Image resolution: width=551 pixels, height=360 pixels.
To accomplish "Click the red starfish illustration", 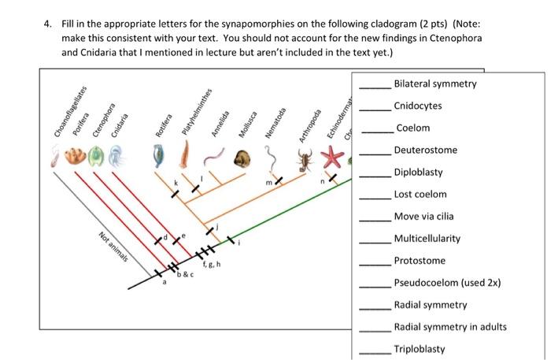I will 333,160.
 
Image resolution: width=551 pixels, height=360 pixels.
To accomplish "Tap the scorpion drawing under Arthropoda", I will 307,163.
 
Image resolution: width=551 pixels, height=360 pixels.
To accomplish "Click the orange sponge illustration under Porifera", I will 74,154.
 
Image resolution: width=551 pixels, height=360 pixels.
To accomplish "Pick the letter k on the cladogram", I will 176,183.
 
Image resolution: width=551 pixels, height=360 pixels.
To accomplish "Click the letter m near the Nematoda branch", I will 268,183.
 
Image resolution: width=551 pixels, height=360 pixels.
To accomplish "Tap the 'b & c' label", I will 184,273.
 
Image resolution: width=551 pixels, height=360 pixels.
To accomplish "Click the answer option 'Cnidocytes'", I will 418,106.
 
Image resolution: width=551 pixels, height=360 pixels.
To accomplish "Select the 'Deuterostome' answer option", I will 425,150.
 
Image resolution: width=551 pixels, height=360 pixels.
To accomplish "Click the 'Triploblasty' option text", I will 420,349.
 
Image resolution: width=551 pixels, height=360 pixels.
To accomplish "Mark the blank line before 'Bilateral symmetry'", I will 375,85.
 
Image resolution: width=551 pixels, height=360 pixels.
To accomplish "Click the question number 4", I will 47,24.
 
